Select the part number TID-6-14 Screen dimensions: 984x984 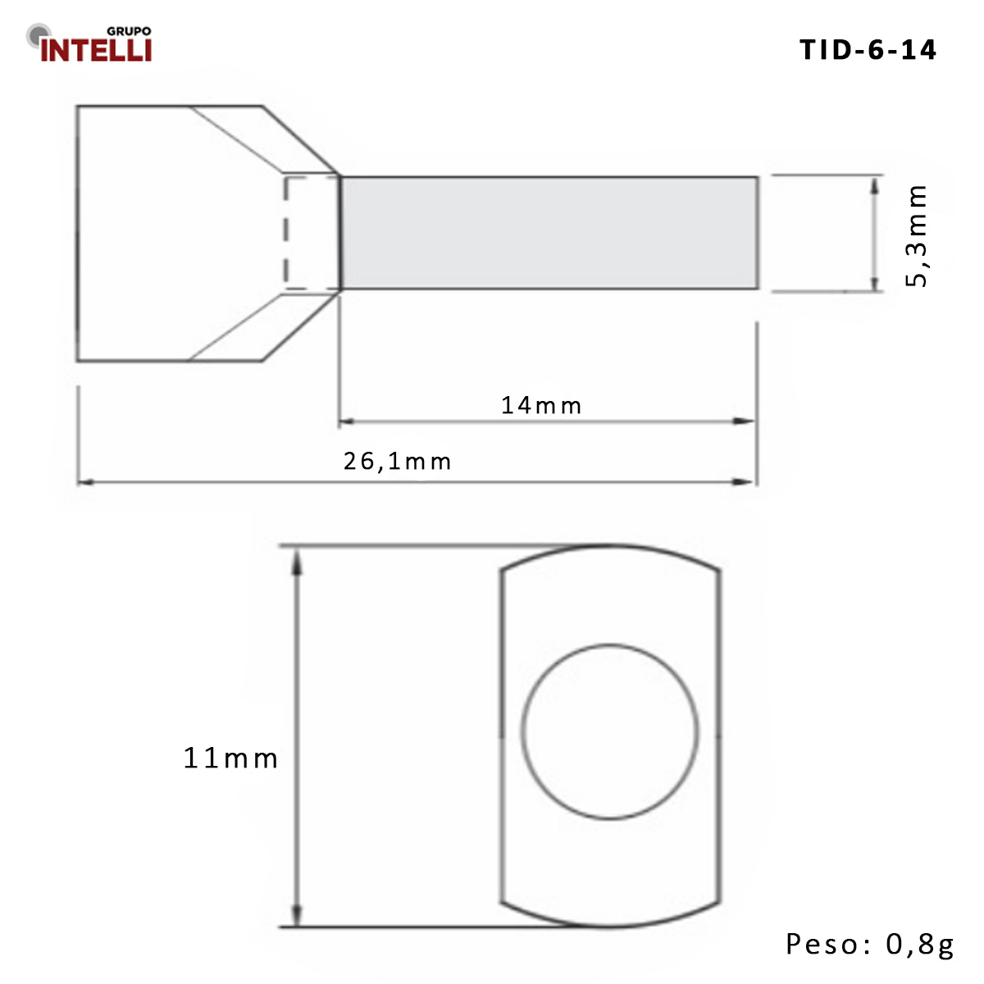pos(868,50)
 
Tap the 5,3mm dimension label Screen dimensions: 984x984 pos(917,235)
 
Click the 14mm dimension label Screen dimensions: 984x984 pos(541,405)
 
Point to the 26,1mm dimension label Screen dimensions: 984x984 pos(397,462)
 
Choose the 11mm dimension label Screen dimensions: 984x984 pos(230,758)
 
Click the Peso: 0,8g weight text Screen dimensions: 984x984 pos(870,944)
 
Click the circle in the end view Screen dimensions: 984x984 pos(611,731)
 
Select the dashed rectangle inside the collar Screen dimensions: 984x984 pos(312,233)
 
